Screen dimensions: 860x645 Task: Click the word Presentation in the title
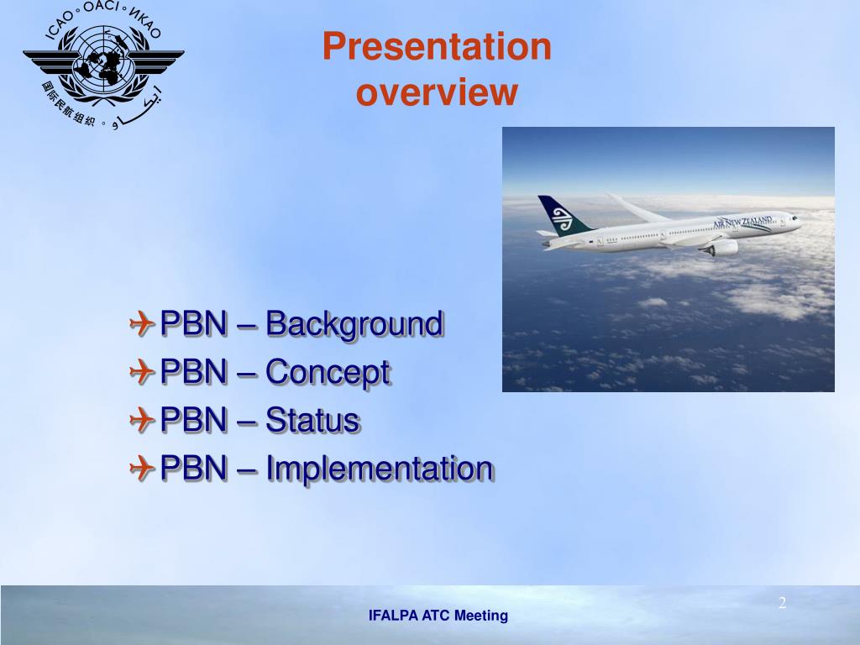click(437, 46)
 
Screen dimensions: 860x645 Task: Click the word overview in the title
click(437, 92)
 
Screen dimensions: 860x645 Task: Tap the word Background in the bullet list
click(354, 324)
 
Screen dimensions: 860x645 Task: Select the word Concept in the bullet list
click(328, 372)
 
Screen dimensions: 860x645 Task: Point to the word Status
click(312, 420)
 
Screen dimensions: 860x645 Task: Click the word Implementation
click(380, 469)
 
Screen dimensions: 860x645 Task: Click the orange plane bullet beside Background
click(142, 323)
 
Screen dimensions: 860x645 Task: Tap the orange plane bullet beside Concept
click(142, 371)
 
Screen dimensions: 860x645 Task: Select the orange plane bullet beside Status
click(142, 420)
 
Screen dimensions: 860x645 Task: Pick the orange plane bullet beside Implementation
click(142, 468)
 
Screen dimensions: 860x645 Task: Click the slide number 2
click(782, 603)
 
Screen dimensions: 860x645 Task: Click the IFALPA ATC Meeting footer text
click(438, 616)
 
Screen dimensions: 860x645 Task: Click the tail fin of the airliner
click(563, 216)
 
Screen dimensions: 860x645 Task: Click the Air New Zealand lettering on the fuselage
click(742, 222)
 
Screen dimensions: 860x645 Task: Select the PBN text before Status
click(194, 420)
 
